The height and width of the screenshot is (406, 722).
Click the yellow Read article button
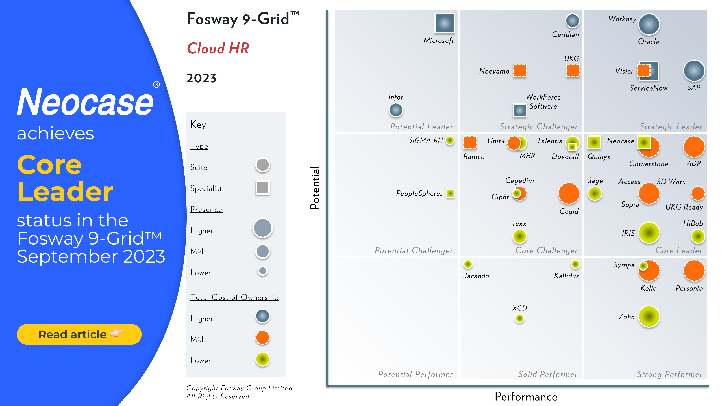click(79, 334)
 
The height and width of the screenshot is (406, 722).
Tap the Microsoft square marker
click(444, 23)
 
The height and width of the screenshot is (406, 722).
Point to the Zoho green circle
click(649, 317)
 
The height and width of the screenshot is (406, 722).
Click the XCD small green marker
click(520, 318)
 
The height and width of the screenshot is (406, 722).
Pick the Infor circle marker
click(396, 110)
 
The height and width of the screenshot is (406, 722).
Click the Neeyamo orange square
click(520, 70)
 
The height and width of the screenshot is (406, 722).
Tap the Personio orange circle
click(694, 271)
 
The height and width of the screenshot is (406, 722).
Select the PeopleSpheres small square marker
click(450, 193)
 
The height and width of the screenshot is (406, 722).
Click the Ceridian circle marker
click(572, 21)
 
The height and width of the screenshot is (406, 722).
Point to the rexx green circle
click(520, 236)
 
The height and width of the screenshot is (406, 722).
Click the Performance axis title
click(526, 396)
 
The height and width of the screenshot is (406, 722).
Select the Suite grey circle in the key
click(263, 165)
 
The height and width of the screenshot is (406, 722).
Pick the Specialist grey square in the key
click(263, 187)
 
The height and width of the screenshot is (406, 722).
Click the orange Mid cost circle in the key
click(263, 338)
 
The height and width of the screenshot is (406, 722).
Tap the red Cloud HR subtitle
click(218, 48)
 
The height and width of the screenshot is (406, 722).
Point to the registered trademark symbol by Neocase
click(156, 84)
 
